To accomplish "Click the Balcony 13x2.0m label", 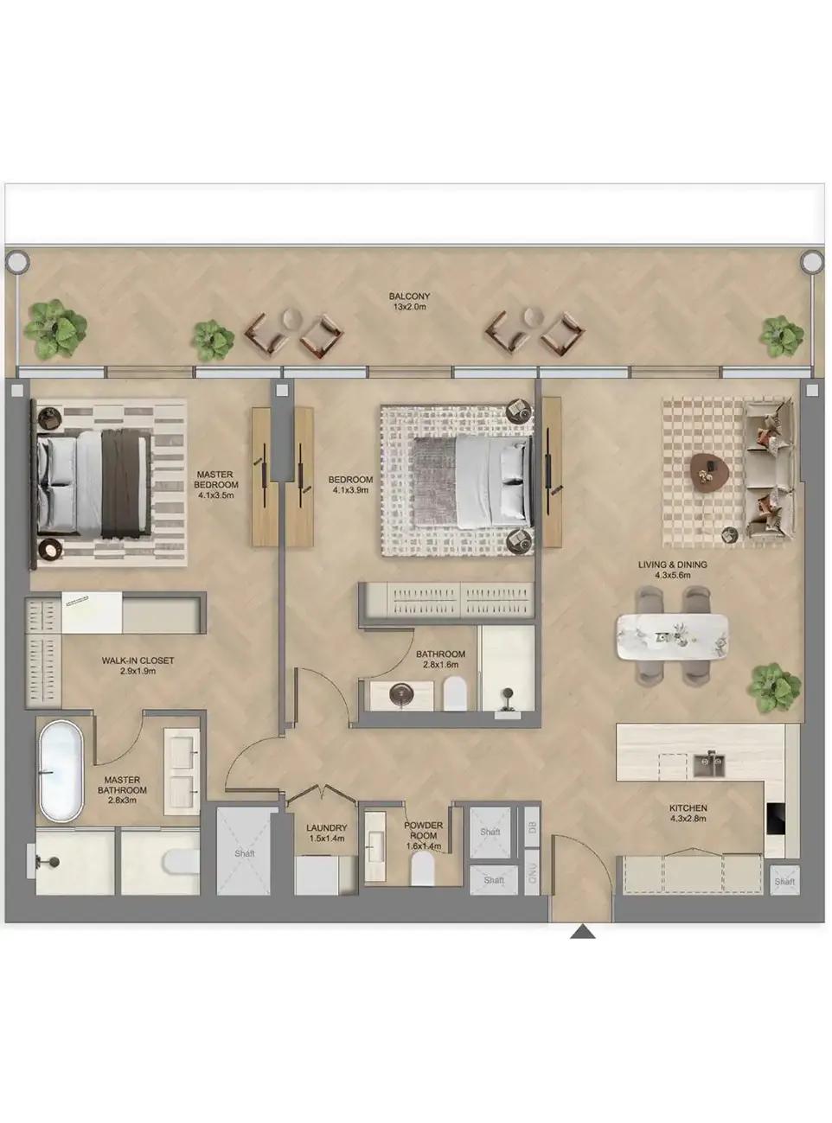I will [x=408, y=302].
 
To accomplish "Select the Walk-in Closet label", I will [x=138, y=666].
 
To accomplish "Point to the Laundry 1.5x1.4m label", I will [x=326, y=833].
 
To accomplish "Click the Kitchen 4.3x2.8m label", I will [x=688, y=814].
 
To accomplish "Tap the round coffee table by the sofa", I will [x=709, y=469].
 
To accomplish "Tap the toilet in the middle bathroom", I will [x=455, y=692].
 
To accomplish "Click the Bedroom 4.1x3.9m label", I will [x=350, y=485].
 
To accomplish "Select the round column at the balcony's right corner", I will [x=810, y=260].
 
